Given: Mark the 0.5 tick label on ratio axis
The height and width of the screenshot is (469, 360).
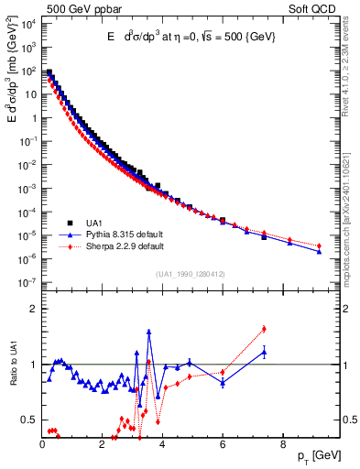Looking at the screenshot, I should pyautogui.click(x=27, y=420).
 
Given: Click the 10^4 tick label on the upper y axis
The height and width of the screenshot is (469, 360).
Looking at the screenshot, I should pyautogui.click(x=27, y=24).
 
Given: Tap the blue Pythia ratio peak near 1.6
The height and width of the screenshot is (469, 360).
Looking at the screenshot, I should pyautogui.click(x=148, y=332).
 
